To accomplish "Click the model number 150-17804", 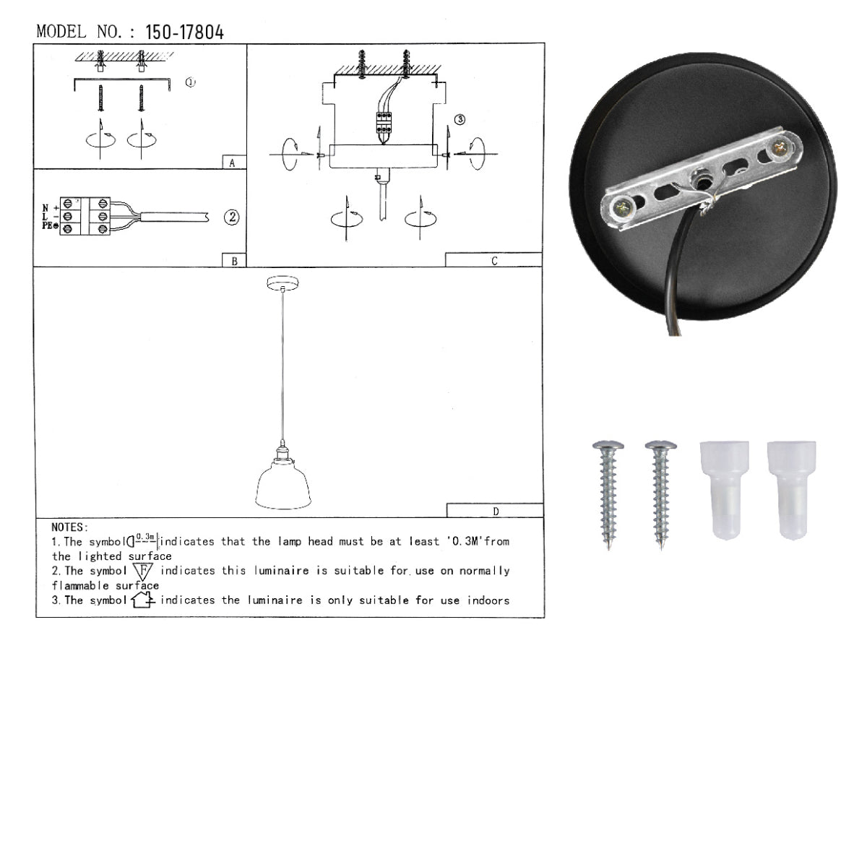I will coord(184,33).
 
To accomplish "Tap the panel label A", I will coord(232,163).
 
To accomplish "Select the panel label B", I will coord(234,262).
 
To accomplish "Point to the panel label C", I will coord(494,261).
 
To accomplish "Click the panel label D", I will coord(496,512).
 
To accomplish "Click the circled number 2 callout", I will coord(231,217).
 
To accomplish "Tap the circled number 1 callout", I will coord(190,83).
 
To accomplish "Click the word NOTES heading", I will coord(70,528).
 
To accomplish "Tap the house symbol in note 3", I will coord(143,600).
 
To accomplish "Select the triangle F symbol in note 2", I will coord(143,571).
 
